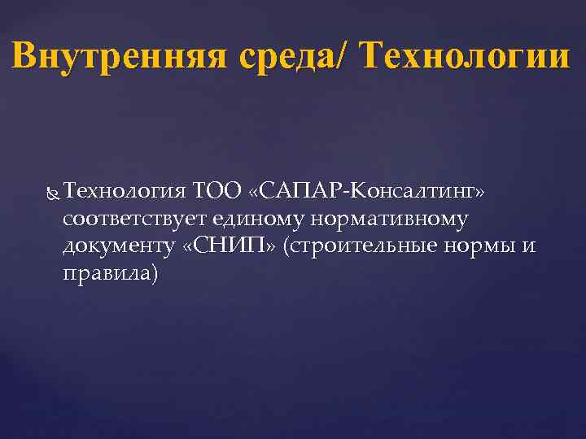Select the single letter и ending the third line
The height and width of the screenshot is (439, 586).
pyautogui.click(x=529, y=246)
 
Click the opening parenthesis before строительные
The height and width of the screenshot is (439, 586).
pyautogui.click(x=286, y=246)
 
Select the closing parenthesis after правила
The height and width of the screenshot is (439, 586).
pyautogui.click(x=156, y=274)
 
